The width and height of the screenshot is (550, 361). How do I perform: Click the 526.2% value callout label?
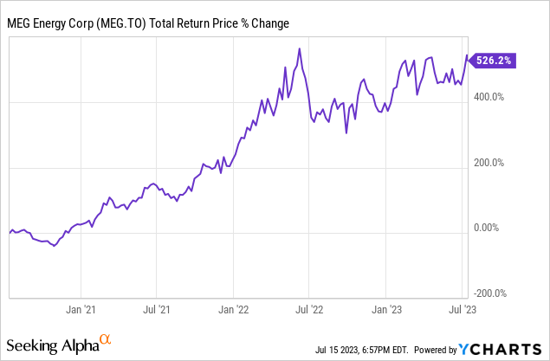tap(495, 61)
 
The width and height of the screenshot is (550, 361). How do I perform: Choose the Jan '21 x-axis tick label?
tap(81, 307)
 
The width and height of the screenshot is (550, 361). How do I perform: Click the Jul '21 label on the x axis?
tap(156, 307)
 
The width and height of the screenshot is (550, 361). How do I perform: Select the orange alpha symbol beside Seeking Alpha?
tap(105, 339)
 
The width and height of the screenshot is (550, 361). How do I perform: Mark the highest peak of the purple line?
tap(299, 48)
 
